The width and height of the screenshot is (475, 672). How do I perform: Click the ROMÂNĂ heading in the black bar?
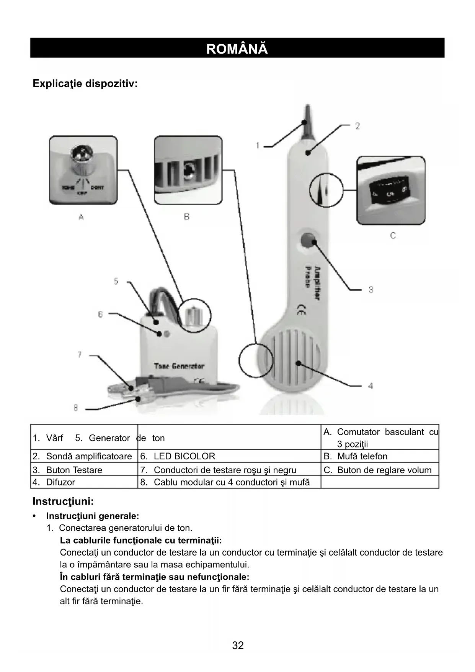click(237, 49)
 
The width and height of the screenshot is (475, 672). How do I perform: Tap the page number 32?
click(238, 645)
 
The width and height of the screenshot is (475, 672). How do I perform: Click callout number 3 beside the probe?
click(371, 290)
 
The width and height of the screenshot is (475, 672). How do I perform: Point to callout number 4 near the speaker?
click(370, 386)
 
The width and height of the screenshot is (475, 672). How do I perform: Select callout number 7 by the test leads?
click(80, 355)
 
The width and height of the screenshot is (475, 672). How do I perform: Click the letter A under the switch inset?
click(81, 217)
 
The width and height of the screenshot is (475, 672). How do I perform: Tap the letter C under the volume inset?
click(393, 236)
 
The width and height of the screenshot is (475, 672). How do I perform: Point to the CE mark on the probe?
click(301, 310)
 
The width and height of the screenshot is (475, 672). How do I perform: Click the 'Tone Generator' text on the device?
click(179, 366)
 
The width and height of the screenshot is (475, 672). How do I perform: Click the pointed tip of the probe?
click(307, 115)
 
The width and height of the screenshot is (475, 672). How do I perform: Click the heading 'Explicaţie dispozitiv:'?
click(85, 83)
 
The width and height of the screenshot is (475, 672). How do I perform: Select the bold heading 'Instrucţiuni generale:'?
click(93, 516)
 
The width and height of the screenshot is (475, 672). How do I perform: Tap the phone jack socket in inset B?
click(188, 171)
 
